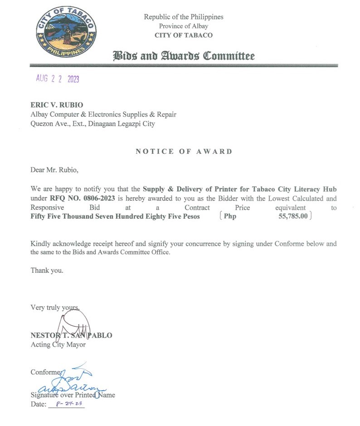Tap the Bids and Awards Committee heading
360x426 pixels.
[x=184, y=56]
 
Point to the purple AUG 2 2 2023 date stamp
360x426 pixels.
[x=58, y=79]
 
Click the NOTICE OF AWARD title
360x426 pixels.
[x=184, y=152]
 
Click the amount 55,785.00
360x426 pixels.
[x=293, y=216]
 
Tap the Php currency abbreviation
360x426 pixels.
[x=230, y=216]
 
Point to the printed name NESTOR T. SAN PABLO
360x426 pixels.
[x=71, y=335]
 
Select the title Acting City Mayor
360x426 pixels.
[x=58, y=344]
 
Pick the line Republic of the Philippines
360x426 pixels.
[x=184, y=17]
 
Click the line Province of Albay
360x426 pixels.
[x=184, y=26]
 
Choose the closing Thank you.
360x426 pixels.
[x=47, y=270]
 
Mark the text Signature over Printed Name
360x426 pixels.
[x=73, y=395]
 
